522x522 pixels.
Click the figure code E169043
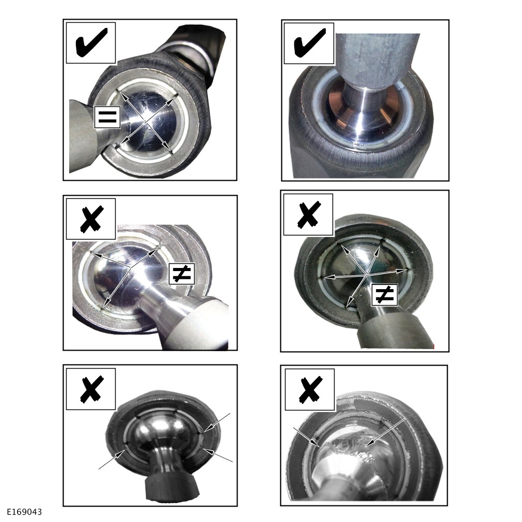click(25, 511)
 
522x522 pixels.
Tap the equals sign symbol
click(107, 117)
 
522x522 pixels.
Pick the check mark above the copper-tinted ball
click(309, 43)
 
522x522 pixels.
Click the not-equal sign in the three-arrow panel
click(181, 273)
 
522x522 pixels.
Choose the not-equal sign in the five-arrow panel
click(384, 295)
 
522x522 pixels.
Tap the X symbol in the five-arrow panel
click(309, 215)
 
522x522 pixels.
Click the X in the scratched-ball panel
click(310, 389)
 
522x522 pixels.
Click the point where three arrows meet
click(130, 268)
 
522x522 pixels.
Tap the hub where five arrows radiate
click(367, 274)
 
